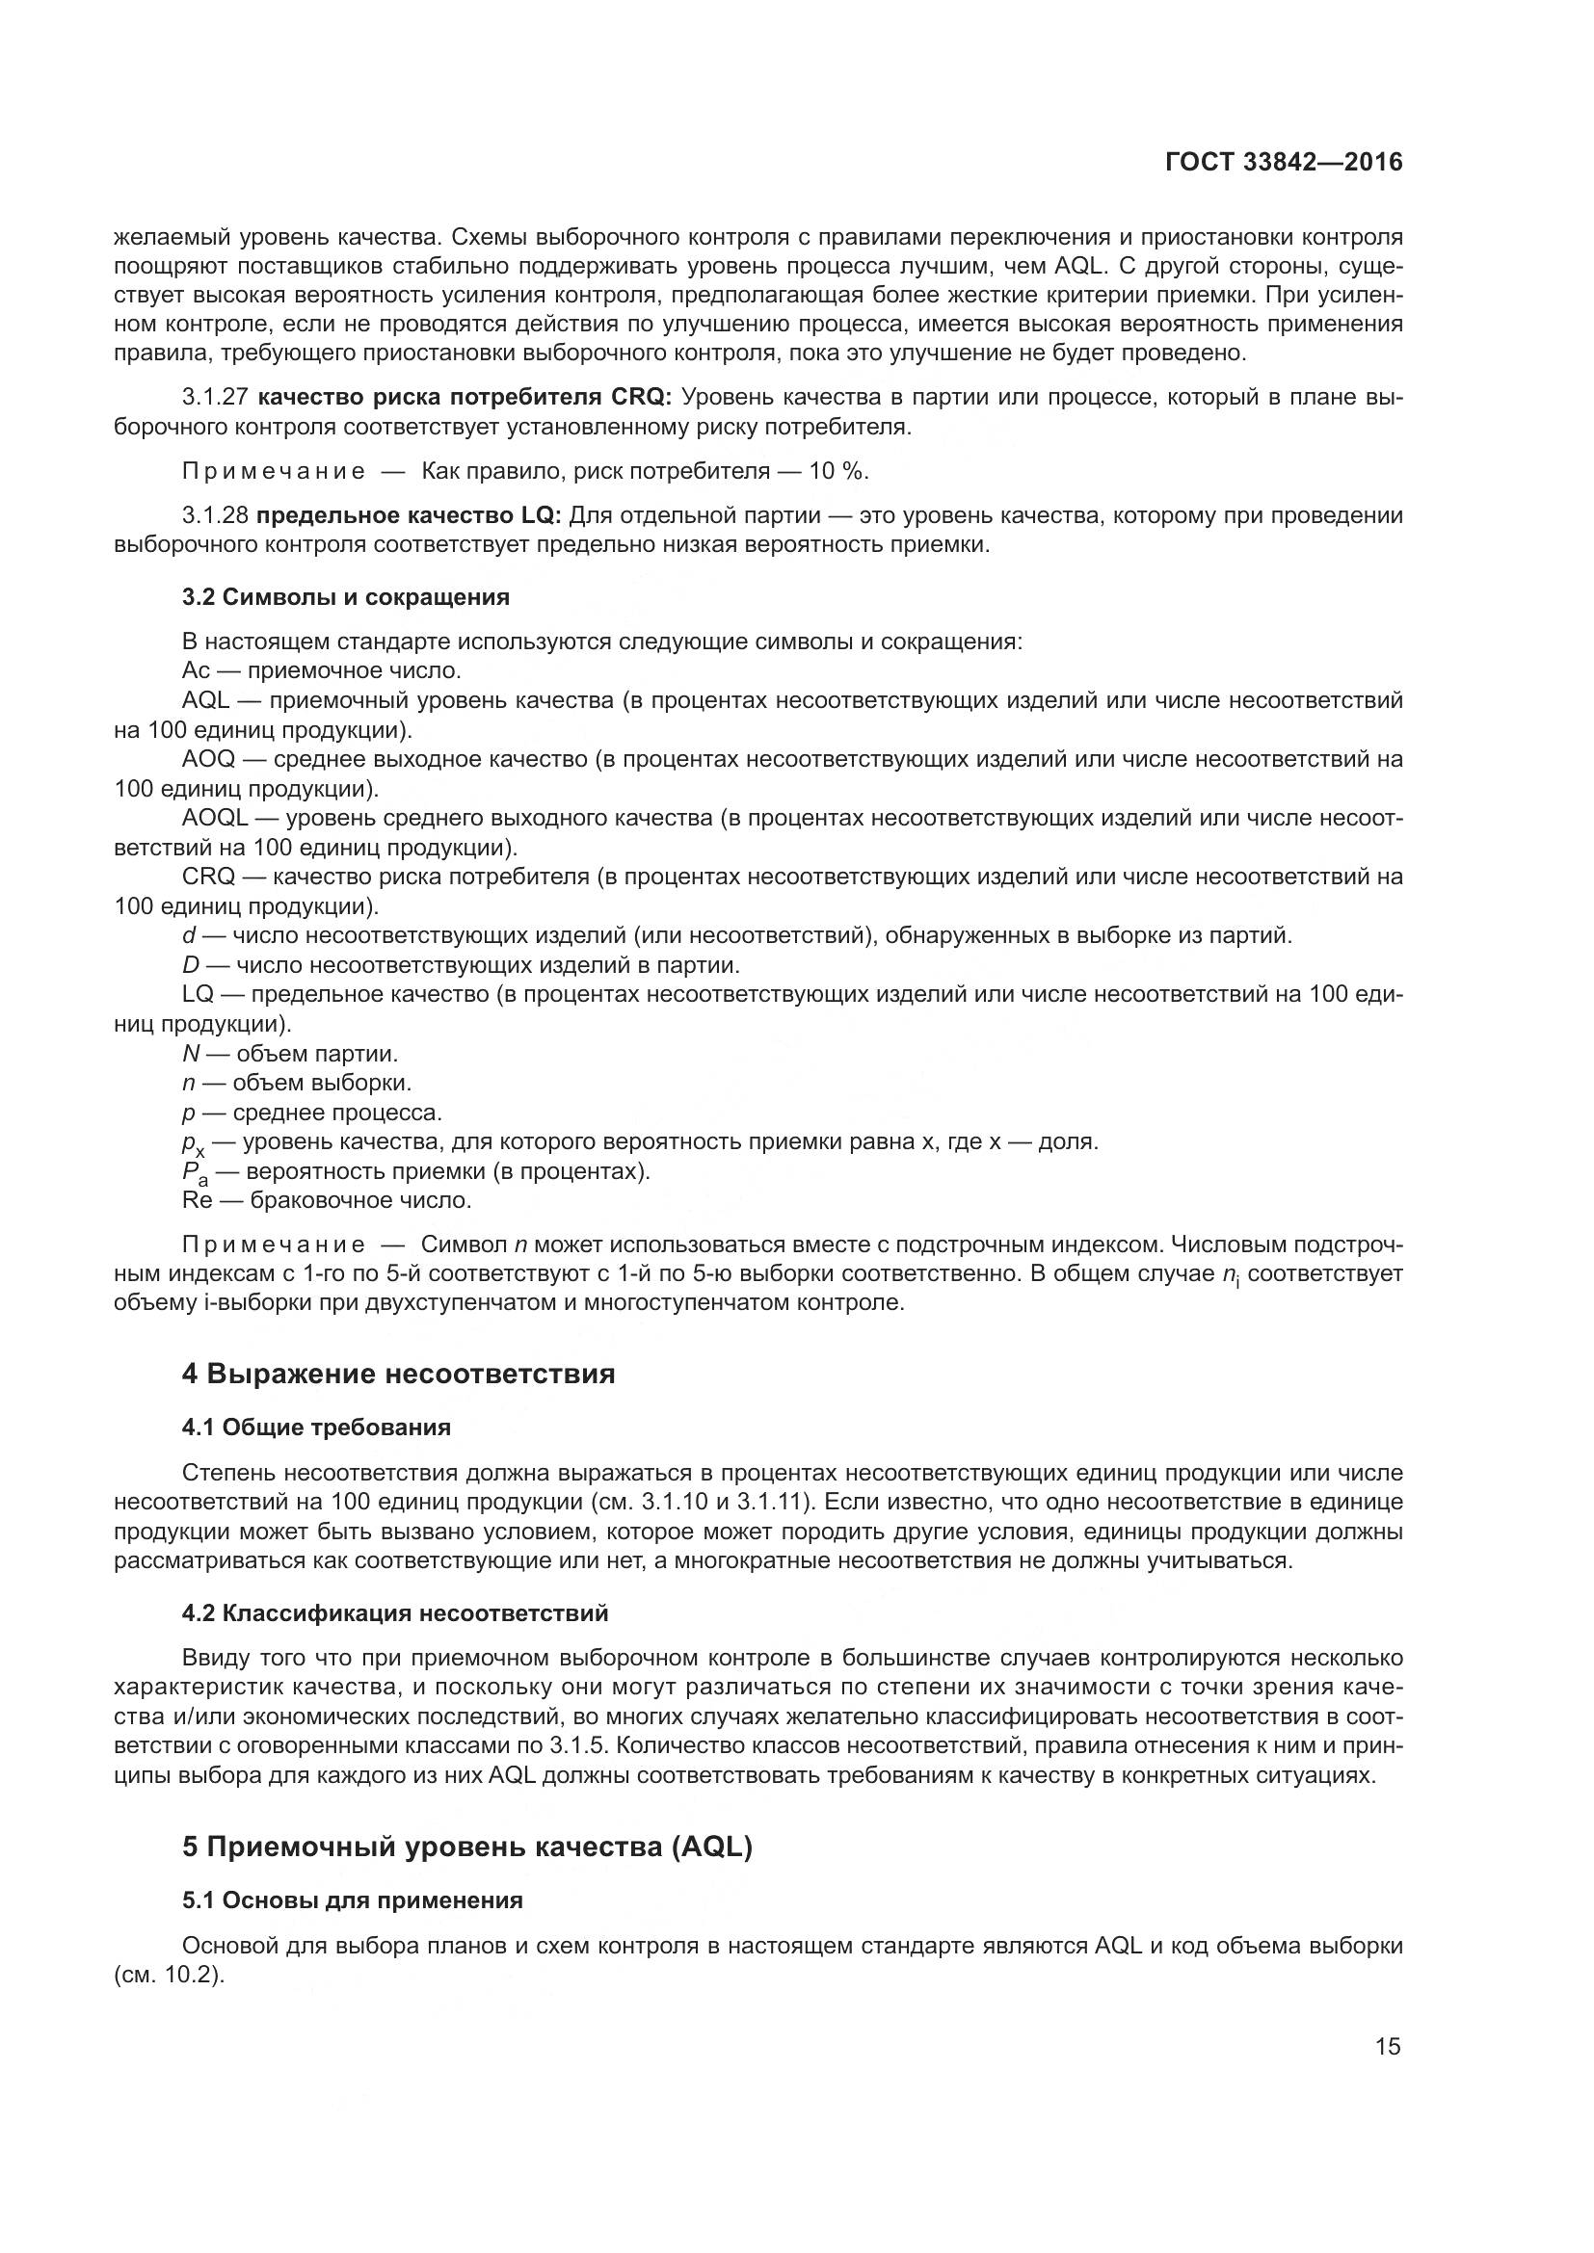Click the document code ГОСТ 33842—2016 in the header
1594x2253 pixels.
(1284, 162)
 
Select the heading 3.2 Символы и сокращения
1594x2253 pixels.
(346, 596)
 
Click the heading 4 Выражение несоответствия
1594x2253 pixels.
(399, 1374)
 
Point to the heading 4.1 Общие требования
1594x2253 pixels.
(316, 1428)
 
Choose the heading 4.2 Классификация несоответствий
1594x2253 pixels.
(394, 1613)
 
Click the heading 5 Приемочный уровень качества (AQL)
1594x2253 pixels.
(467, 1847)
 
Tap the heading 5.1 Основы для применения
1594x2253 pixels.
(353, 1900)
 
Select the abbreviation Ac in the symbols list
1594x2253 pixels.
(196, 670)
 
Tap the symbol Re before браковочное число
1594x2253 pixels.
(198, 1200)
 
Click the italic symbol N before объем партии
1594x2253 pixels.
(191, 1054)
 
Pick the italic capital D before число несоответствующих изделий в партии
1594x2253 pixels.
(191, 965)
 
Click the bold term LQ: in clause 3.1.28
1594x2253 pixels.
(541, 515)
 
